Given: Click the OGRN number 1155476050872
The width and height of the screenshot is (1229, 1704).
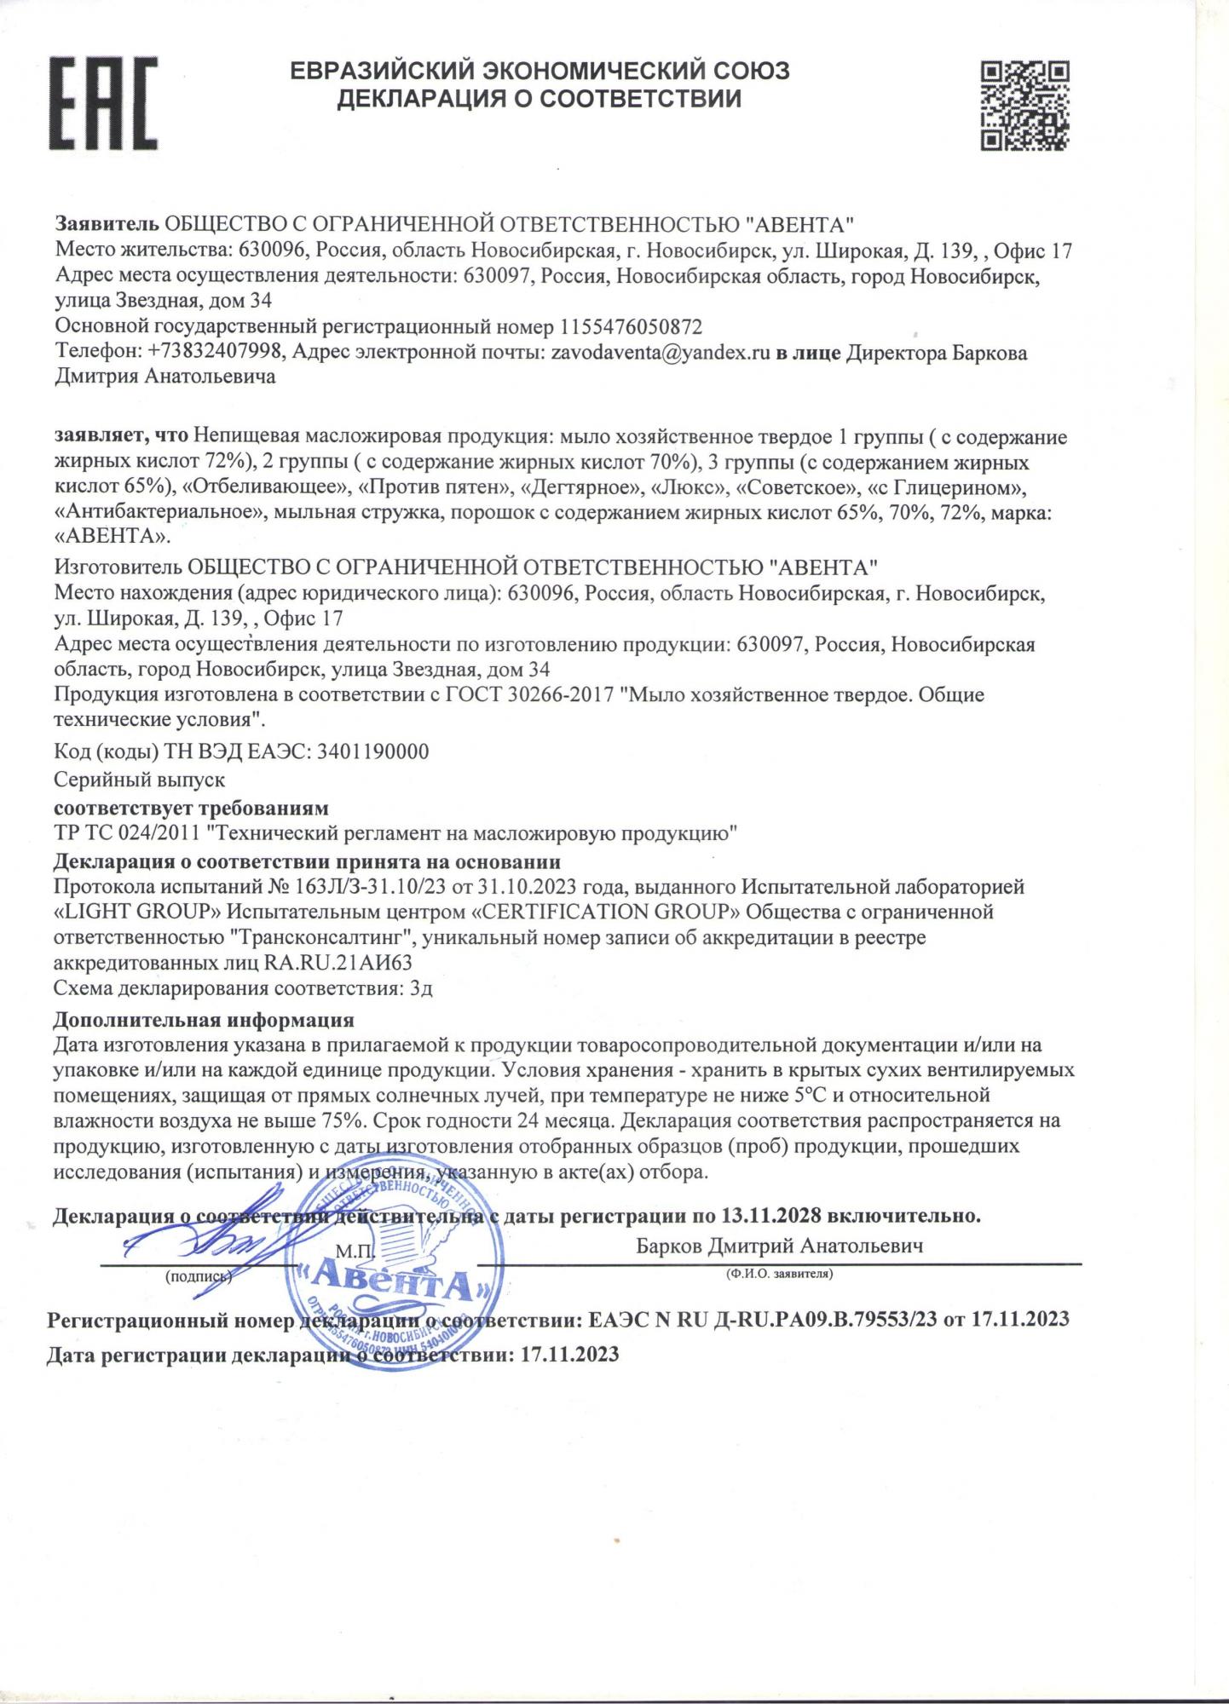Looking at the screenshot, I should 631,327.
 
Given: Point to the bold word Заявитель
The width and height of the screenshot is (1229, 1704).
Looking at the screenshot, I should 107,225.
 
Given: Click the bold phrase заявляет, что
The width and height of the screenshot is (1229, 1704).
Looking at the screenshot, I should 121,438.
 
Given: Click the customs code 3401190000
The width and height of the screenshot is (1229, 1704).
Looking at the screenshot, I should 373,752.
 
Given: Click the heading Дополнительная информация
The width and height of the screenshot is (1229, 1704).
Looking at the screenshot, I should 204,1020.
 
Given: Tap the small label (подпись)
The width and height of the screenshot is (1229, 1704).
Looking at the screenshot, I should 198,1276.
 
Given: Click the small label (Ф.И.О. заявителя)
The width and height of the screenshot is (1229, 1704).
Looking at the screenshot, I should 779,1275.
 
